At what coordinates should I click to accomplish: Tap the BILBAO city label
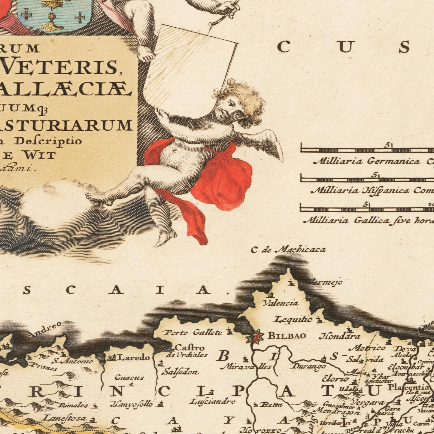coord(287,336)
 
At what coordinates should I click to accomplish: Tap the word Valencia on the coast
coord(281,303)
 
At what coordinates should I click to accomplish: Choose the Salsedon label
coord(180,372)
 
